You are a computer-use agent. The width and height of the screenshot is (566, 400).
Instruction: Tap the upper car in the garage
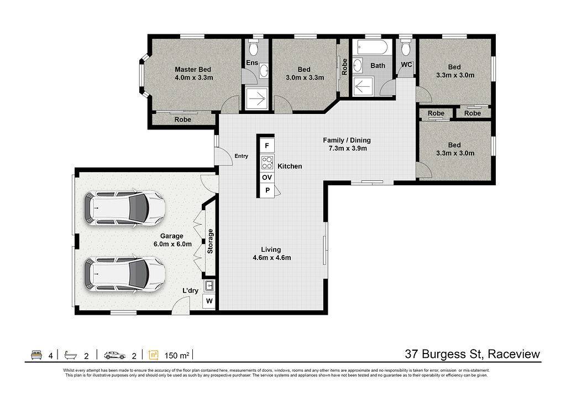tap(124, 209)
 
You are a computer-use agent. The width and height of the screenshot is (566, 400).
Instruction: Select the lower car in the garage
tap(124, 274)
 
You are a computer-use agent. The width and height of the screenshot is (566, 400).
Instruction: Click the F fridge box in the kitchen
tap(267, 146)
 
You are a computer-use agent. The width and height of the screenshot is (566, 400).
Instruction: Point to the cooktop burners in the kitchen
tap(267, 162)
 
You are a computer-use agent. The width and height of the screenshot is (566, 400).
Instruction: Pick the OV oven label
tap(267, 178)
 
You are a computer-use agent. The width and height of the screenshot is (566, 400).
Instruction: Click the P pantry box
tap(267, 190)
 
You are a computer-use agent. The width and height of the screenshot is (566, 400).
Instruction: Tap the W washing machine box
tap(209, 301)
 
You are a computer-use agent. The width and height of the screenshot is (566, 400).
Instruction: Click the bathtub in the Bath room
tap(372, 47)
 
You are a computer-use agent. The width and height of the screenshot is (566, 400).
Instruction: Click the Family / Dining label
tap(347, 140)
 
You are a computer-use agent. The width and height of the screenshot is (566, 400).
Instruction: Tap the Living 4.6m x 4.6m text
tap(271, 253)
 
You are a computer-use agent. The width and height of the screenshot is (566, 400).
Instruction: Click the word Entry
tap(241, 156)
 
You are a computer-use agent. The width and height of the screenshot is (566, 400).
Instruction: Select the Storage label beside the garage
tap(210, 241)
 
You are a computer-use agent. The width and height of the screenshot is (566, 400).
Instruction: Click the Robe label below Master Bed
tap(182, 120)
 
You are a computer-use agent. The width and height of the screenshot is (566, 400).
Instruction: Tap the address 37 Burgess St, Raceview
tap(473, 354)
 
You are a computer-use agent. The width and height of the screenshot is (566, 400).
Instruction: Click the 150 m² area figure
tap(177, 355)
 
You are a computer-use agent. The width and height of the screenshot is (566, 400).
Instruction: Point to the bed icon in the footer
tap(37, 355)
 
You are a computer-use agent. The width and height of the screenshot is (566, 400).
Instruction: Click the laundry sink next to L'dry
tap(209, 286)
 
